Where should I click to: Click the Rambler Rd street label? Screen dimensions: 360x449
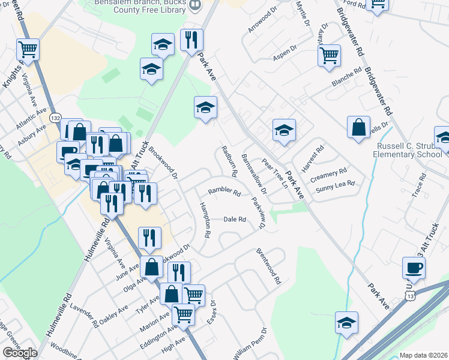(224, 193)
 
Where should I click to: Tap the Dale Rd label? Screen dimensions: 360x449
(235, 220)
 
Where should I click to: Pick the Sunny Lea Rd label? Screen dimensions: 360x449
(336, 184)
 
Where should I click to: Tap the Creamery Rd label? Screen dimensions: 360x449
(329, 173)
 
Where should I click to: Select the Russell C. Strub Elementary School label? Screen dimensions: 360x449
(409, 150)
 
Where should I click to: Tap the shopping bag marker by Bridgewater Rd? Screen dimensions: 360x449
(358, 127)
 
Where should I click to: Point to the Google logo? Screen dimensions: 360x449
(20, 353)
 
